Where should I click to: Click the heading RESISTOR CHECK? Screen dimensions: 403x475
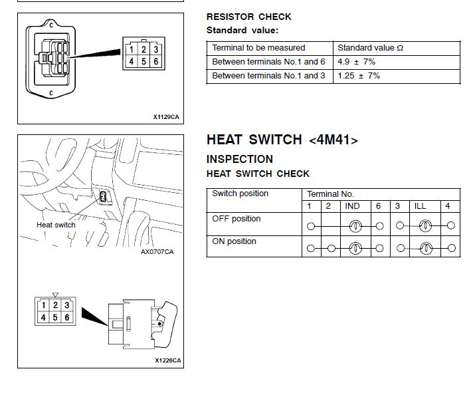tap(248, 17)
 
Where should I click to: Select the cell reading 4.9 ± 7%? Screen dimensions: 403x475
tap(356, 62)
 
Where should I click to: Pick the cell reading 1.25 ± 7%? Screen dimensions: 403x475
tap(359, 76)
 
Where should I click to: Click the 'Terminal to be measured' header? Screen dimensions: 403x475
tap(258, 48)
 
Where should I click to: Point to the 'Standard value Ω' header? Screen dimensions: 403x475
tap(370, 48)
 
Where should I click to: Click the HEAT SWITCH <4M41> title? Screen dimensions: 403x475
tap(282, 140)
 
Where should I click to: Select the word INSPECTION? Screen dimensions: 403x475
tap(239, 160)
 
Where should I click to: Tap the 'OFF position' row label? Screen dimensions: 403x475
tap(236, 219)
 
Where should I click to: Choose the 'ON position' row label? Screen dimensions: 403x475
tap(234, 241)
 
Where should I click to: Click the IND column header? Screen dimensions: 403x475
tap(352, 206)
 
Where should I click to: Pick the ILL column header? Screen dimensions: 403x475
tap(420, 206)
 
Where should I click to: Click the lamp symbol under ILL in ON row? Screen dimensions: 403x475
tap(425, 249)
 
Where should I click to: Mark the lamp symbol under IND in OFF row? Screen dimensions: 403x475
tap(355, 226)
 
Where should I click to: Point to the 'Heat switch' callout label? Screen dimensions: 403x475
tap(56, 225)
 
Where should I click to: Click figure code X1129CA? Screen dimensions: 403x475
tap(166, 117)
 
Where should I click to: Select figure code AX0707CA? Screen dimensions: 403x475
tap(157, 252)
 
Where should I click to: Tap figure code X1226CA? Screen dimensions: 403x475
tap(167, 360)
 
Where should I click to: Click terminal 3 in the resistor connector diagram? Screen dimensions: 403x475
tap(155, 49)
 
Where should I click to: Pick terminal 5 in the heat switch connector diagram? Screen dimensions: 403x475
tap(55, 317)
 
